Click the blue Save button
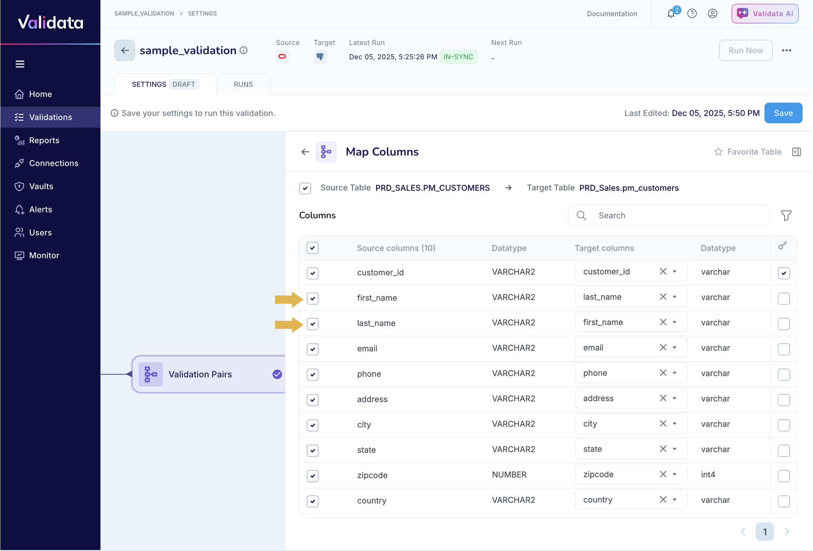click(783, 113)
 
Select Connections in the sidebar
click(54, 163)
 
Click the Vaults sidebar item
click(41, 186)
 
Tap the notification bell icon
click(671, 14)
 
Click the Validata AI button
click(764, 14)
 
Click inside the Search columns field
click(679, 216)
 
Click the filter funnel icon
click(786, 216)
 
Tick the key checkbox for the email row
click(783, 349)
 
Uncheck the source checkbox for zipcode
click(312, 475)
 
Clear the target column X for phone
click(662, 373)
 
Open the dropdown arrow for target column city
click(674, 423)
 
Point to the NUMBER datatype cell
click(509, 475)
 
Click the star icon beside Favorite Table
click(718, 152)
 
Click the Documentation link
click(612, 14)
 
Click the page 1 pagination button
click(764, 531)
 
